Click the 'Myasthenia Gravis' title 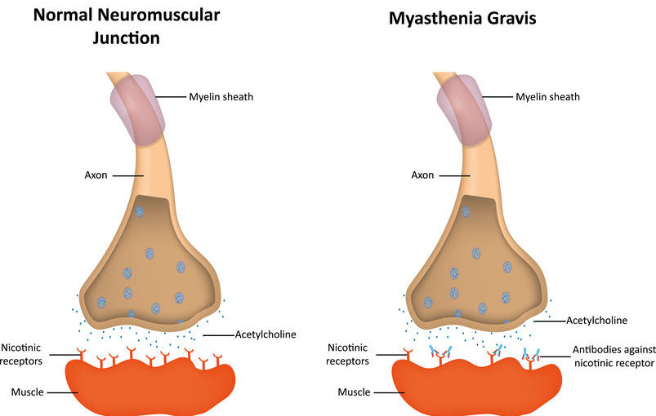[462, 19]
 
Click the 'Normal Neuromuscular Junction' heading [127, 26]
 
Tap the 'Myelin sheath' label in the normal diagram [221, 97]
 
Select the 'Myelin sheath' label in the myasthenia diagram [547, 97]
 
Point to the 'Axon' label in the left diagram [96, 175]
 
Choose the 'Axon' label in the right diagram [422, 175]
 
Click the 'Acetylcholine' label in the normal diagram [266, 334]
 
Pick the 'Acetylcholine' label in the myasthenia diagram [597, 321]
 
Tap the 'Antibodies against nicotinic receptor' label [614, 356]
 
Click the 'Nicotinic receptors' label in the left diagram [21, 354]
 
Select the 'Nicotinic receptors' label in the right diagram [348, 354]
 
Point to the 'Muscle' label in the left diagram [27, 392]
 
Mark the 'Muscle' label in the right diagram [354, 392]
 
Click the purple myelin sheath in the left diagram [137, 110]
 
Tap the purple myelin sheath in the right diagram [464, 110]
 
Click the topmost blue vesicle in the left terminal [139, 211]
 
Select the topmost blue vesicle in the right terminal [466, 211]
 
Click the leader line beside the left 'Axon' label [128, 175]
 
